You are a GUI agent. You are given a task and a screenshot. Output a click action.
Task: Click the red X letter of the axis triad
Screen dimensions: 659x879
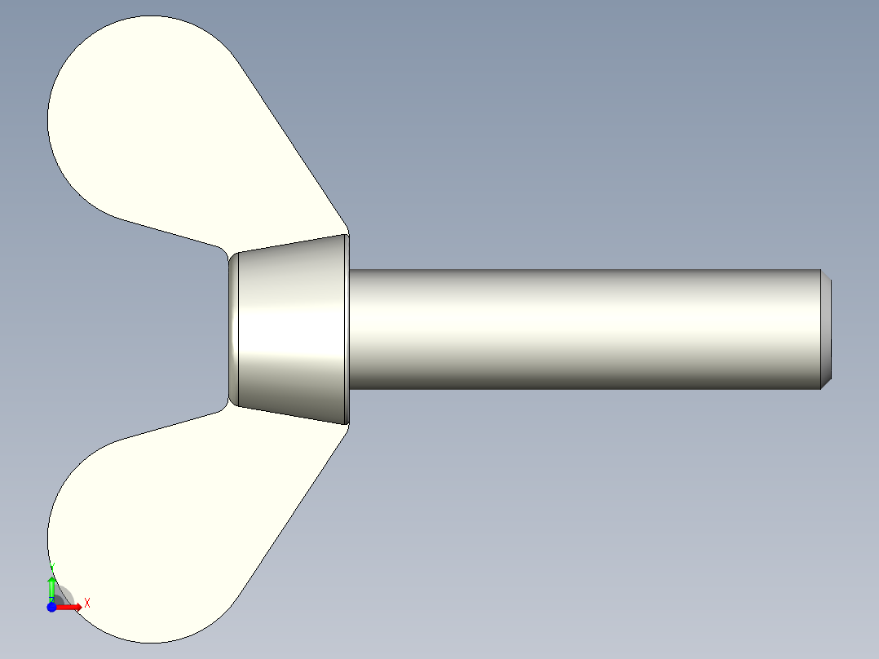click(87, 603)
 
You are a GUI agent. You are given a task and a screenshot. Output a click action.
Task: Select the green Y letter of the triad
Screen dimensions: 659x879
click(52, 565)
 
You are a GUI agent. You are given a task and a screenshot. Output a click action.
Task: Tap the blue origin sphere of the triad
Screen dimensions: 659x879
click(51, 607)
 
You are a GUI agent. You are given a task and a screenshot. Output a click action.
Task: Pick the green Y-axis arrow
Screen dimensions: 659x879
click(51, 587)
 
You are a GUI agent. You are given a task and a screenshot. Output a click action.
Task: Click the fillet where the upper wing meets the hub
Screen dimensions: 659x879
click(221, 250)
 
